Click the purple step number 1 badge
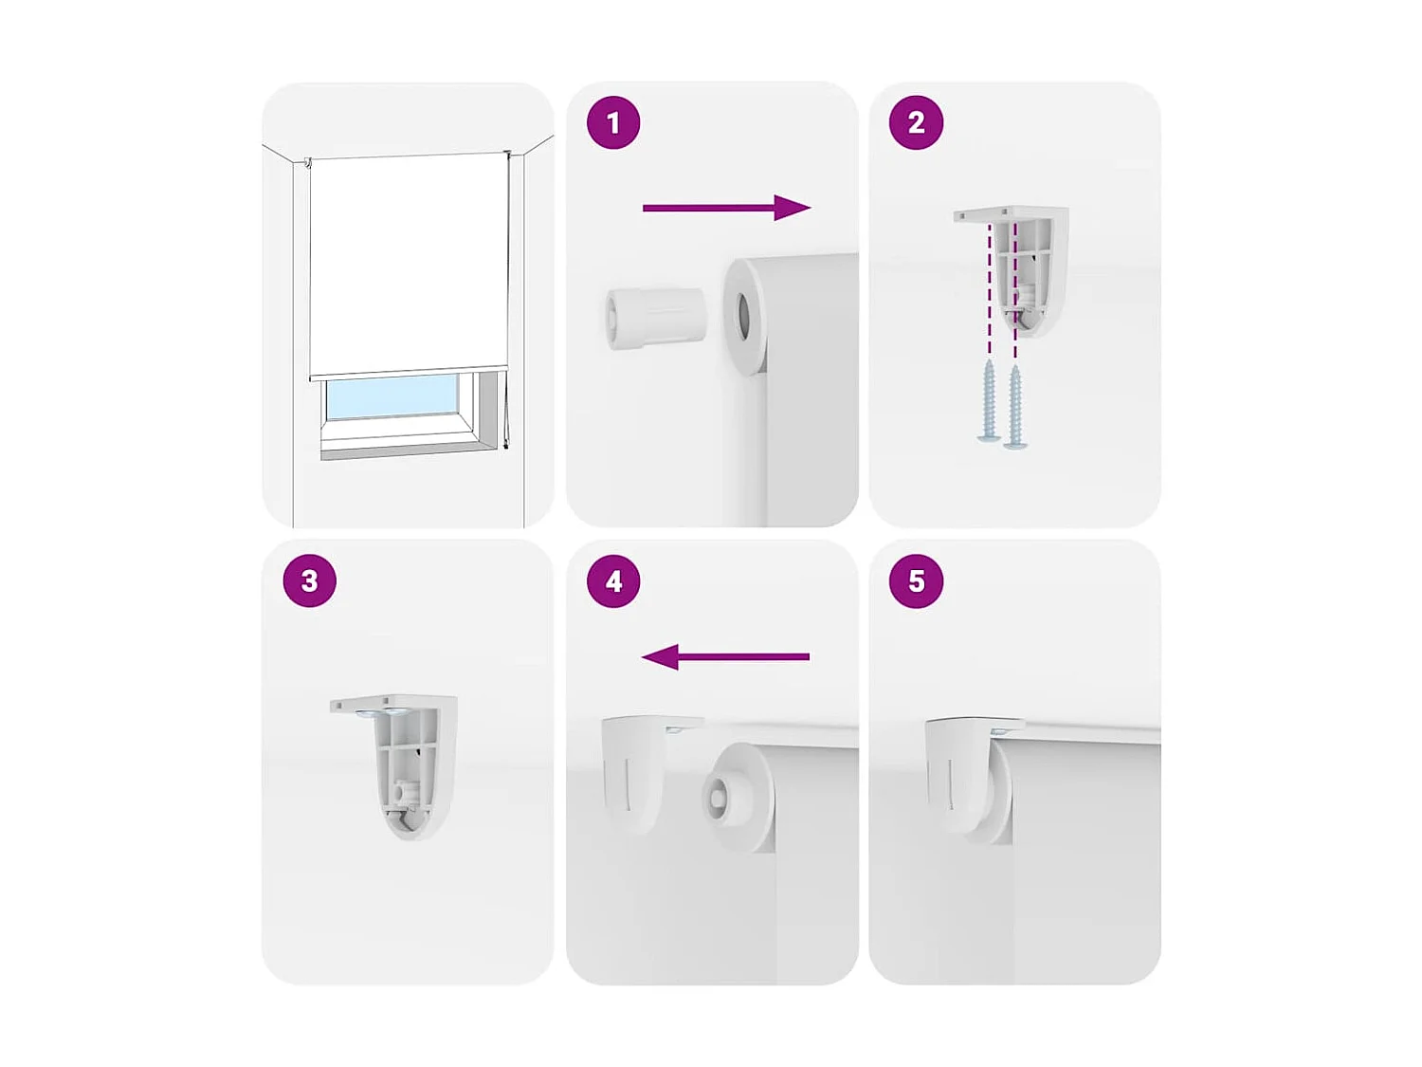[x=613, y=122]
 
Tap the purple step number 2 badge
[x=916, y=122]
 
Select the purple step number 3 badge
[x=310, y=580]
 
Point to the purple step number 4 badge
[x=613, y=580]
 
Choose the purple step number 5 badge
[x=916, y=580]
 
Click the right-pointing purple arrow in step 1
[x=726, y=208]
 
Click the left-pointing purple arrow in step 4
[x=725, y=656]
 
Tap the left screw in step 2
[x=989, y=401]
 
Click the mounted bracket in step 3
[x=406, y=763]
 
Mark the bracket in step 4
[x=635, y=768]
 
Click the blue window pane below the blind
[x=392, y=397]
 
